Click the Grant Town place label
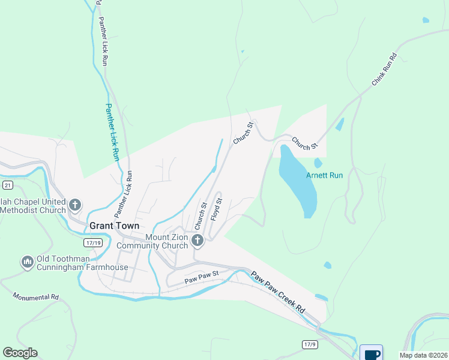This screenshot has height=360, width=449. pyautogui.click(x=114, y=226)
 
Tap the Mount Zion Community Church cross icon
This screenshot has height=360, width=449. pyautogui.click(x=197, y=241)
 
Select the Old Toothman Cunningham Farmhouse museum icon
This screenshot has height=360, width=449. pyautogui.click(x=27, y=262)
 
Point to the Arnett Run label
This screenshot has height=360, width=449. pyautogui.click(x=324, y=176)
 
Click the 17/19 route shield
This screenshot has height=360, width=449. pyautogui.click(x=93, y=242)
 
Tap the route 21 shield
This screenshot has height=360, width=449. pyautogui.click(x=6, y=185)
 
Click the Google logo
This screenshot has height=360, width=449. pyautogui.click(x=20, y=353)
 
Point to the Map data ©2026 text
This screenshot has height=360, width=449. pyautogui.click(x=423, y=355)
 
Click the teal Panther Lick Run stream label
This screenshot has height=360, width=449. pyautogui.click(x=112, y=132)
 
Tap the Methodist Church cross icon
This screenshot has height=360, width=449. pyautogui.click(x=75, y=205)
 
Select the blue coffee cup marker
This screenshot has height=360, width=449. pyautogui.click(x=371, y=353)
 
